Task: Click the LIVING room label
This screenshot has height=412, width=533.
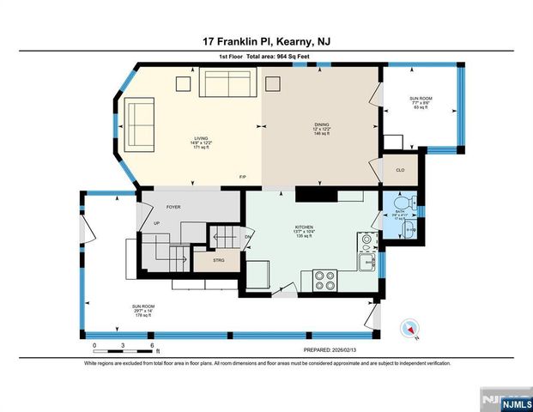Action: (200, 137)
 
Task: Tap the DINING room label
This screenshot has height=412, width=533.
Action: (321, 125)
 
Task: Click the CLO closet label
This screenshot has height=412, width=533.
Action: (399, 170)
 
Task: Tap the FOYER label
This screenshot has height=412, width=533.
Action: (173, 206)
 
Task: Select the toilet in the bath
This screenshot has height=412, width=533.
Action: (414, 203)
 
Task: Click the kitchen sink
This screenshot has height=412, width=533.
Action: (367, 263)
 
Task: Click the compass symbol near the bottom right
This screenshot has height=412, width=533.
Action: (410, 330)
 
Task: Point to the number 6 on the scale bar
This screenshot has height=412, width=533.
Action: (151, 345)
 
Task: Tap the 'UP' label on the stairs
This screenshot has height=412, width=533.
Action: (155, 223)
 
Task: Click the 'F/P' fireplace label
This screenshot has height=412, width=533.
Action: (244, 178)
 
